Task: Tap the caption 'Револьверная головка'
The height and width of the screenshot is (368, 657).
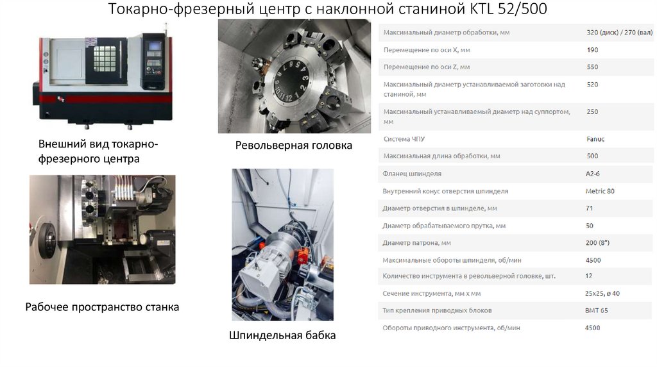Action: pyautogui.click(x=293, y=146)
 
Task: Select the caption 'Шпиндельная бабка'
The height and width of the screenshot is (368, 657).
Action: pyautogui.click(x=282, y=335)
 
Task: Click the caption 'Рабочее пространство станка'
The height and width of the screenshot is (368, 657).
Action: pyautogui.click(x=102, y=307)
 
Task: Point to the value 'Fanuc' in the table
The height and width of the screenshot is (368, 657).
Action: pyautogui.click(x=595, y=138)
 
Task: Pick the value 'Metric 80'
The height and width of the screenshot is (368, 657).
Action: pyautogui.click(x=600, y=191)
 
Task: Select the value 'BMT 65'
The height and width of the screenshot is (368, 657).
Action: pyautogui.click(x=597, y=310)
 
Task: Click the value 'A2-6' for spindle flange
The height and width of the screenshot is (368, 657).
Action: pyautogui.click(x=593, y=174)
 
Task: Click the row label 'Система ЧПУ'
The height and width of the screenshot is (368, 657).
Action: pyautogui.click(x=404, y=138)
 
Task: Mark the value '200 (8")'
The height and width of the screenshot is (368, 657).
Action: pyautogui.click(x=598, y=243)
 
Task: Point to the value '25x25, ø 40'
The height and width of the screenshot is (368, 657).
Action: pyautogui.click(x=602, y=293)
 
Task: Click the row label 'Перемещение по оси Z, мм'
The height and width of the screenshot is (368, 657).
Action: pyautogui.click(x=426, y=67)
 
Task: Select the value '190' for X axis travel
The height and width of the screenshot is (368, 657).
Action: pyautogui.click(x=592, y=50)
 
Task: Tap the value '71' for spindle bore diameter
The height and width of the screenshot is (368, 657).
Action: pyautogui.click(x=590, y=208)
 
